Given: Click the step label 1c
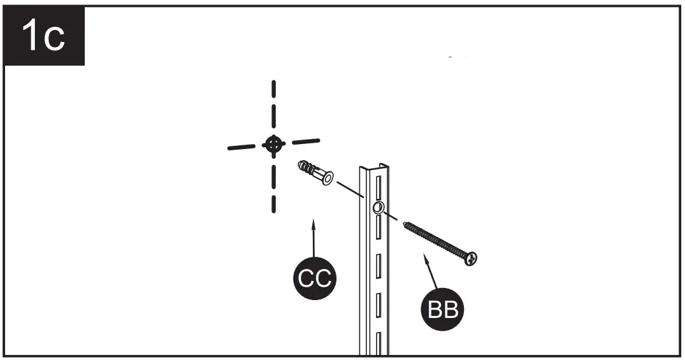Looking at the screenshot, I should (x=43, y=36).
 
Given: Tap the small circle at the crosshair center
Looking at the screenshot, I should (x=274, y=145).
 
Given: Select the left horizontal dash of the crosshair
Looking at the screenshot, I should (x=245, y=147).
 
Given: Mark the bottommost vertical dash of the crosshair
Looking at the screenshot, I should (x=274, y=203).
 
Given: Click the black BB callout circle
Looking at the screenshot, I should (x=443, y=310).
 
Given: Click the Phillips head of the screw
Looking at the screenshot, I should (x=472, y=259).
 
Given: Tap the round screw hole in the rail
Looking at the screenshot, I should (x=378, y=208).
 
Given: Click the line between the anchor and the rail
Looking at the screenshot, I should (x=350, y=191).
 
